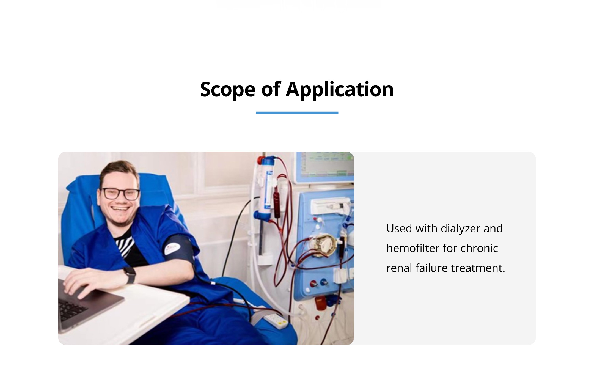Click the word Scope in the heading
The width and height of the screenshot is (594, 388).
pyautogui.click(x=228, y=90)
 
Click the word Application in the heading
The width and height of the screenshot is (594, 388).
pyautogui.click(x=340, y=90)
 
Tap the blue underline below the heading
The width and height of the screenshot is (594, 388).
pyautogui.click(x=297, y=112)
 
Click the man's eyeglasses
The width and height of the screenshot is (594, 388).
pyautogui.click(x=120, y=194)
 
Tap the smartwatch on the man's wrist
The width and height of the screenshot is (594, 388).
pyautogui.click(x=130, y=275)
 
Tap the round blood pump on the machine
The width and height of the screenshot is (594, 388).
pyautogui.click(x=323, y=245)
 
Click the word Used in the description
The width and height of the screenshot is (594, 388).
pyautogui.click(x=399, y=229)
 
